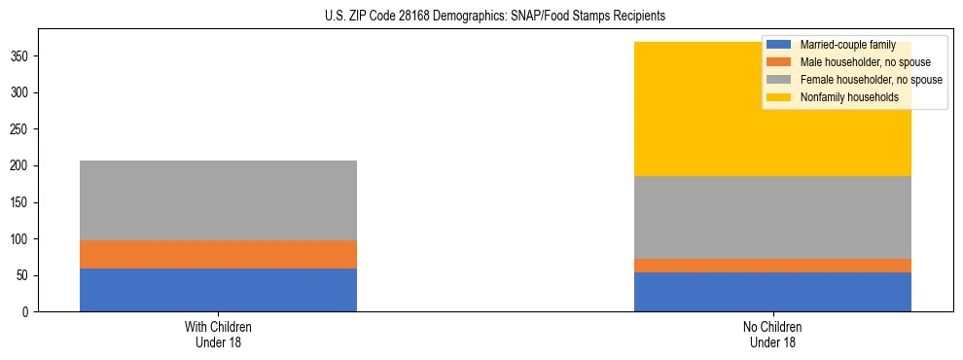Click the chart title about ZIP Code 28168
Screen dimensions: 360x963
tap(495, 17)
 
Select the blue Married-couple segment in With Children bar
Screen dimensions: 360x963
tap(218, 290)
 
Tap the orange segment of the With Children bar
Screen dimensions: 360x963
tap(218, 254)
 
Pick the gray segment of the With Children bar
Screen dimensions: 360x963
tap(218, 199)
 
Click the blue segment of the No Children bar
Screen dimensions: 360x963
tap(772, 292)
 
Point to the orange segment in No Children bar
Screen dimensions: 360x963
tap(772, 266)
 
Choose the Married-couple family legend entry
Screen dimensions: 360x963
tap(847, 45)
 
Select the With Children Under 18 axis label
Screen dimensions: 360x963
tap(218, 334)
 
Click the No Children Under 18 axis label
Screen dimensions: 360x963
tap(772, 334)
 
